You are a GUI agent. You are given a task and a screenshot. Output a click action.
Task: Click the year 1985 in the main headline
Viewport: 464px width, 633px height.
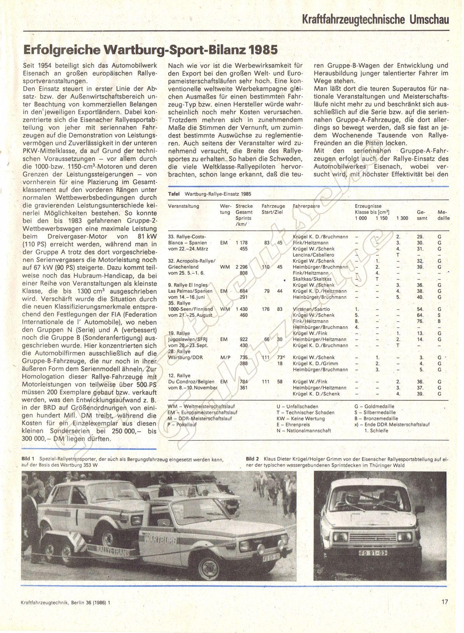click(x=263, y=50)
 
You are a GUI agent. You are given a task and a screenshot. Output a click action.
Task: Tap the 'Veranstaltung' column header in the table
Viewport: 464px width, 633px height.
click(x=183, y=206)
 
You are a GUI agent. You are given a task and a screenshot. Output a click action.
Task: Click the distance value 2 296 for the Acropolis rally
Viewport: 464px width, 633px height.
click(x=241, y=267)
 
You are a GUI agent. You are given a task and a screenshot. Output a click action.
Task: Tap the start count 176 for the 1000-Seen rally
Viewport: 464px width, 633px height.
click(x=265, y=309)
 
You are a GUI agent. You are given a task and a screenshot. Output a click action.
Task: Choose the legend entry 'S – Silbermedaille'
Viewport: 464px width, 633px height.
click(x=375, y=413)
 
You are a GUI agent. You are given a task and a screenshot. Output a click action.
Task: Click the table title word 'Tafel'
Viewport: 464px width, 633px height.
click(x=174, y=194)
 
